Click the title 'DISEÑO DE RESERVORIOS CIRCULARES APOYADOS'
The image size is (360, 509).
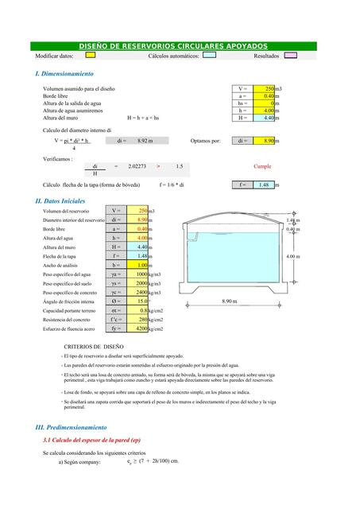tap(179, 47)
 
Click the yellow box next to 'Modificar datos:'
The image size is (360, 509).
tap(91, 56)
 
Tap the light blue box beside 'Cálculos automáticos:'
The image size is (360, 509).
tap(209, 56)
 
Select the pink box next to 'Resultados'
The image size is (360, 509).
tap(291, 56)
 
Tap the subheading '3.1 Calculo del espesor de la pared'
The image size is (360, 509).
tap(91, 440)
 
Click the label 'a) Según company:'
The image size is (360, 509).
tap(79, 462)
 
